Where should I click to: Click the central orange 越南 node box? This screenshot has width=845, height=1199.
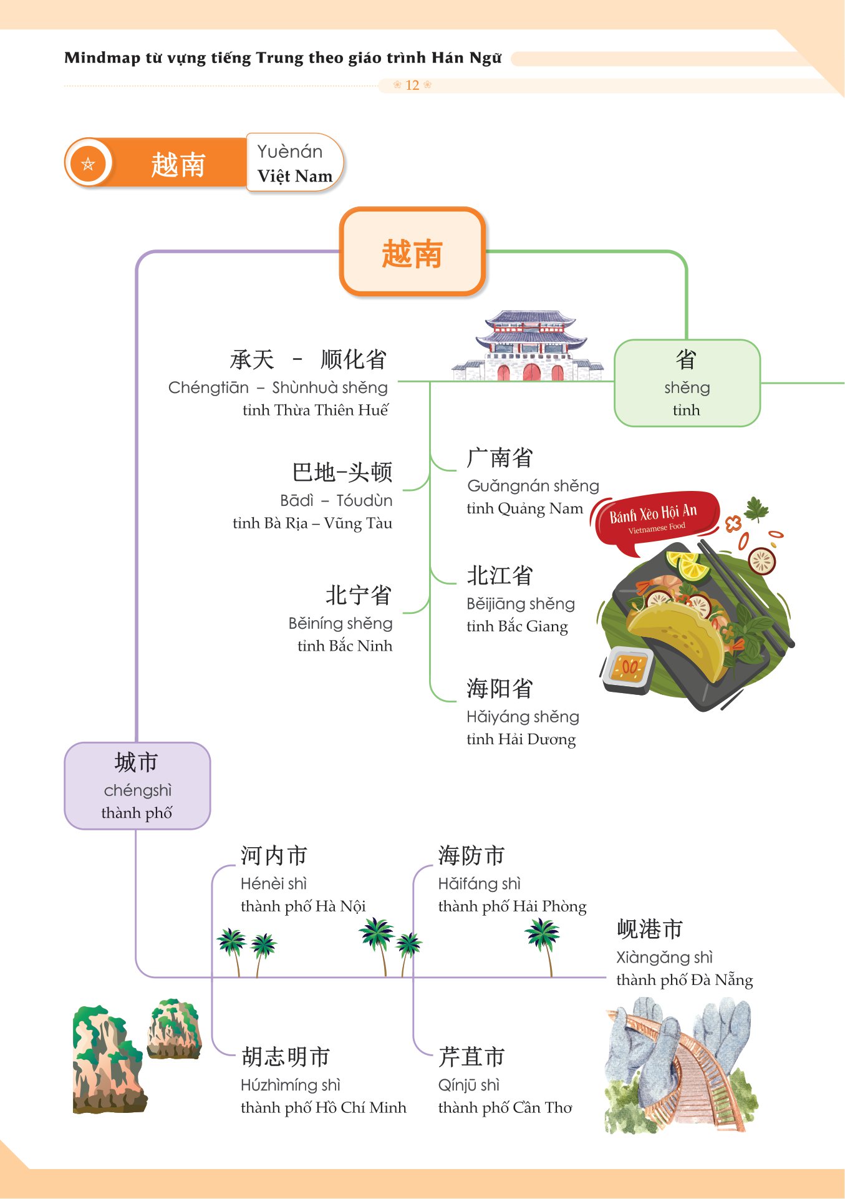pos(412,252)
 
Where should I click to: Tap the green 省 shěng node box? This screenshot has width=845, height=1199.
pos(687,382)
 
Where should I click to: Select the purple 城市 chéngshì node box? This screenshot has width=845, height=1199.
pos(137,785)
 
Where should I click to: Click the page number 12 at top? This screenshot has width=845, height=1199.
pos(412,85)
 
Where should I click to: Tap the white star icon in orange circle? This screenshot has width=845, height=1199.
pos(88,164)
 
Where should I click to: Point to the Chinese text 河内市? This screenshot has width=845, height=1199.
pos(274,856)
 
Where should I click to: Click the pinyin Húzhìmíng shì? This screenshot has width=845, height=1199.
pos(291,1085)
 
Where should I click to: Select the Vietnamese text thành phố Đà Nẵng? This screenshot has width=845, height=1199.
pos(684,980)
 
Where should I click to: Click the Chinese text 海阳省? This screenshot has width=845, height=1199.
pos(500,689)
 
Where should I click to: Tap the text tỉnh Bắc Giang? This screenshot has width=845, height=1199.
pos(517,626)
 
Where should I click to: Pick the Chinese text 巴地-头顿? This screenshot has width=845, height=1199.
pos(342,472)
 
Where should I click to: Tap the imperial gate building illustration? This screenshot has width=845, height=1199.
pos(529,346)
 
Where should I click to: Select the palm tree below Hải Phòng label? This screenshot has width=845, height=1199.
pos(543,942)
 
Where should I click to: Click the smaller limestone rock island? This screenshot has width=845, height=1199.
pos(174,1027)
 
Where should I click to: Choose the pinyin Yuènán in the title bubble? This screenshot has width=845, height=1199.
pos(290,152)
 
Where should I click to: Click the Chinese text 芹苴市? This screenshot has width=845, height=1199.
pos(471,1057)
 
